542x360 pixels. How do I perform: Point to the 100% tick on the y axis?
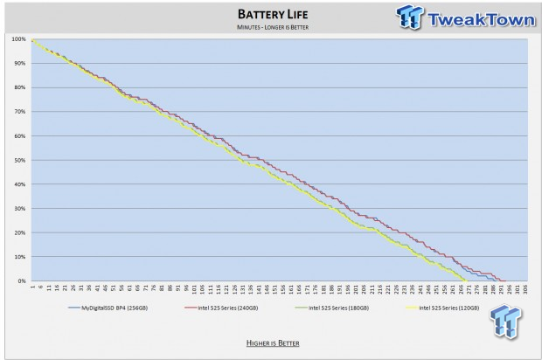tap(18, 39)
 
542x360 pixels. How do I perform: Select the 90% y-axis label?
tap(19, 64)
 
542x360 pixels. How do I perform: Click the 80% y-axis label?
tap(19, 87)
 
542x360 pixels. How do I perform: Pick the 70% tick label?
tap(19, 112)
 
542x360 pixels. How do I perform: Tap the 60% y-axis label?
tap(19, 136)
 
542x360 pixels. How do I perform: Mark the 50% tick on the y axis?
tap(19, 160)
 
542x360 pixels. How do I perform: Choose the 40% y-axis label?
tap(19, 184)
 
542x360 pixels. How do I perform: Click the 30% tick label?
tap(19, 209)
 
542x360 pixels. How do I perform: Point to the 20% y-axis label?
tap(19, 232)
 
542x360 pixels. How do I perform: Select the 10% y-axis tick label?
tap(19, 257)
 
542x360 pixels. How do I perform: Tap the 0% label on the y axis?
tap(20, 281)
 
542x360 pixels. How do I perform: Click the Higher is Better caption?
tap(271, 343)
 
